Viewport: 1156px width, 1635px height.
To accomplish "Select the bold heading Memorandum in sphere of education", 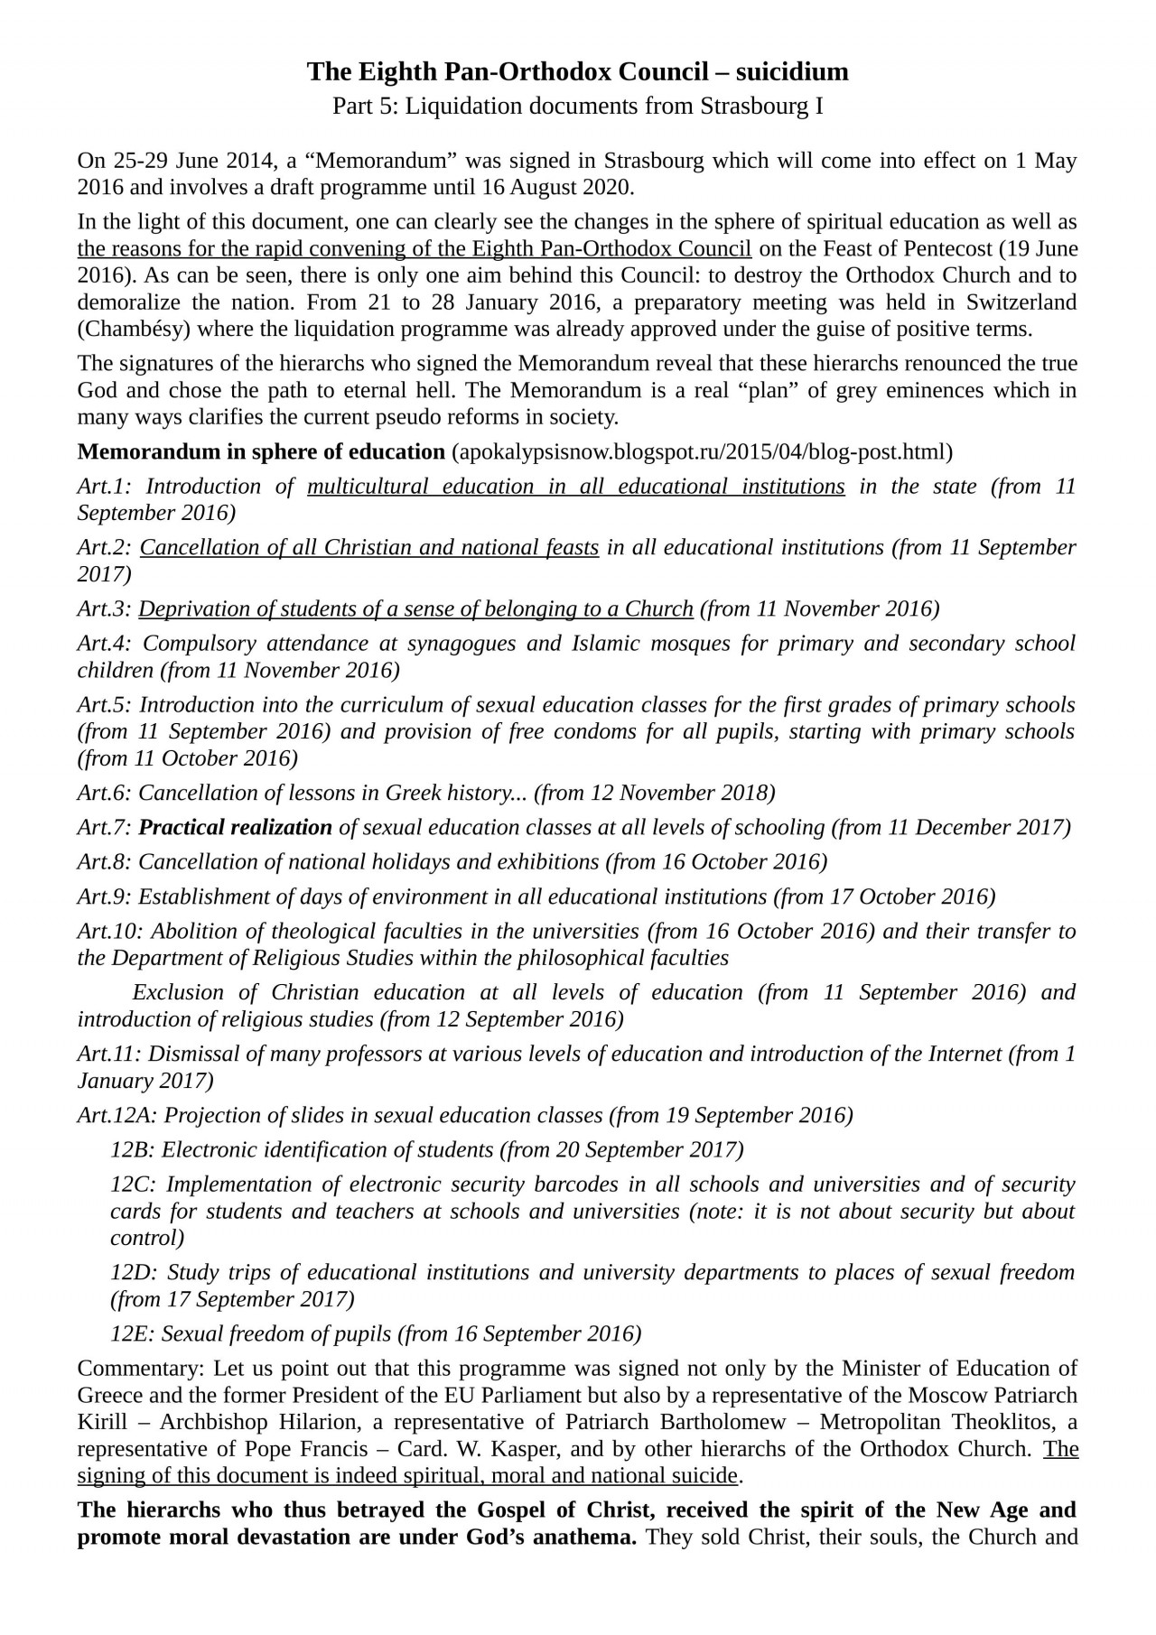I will [261, 451].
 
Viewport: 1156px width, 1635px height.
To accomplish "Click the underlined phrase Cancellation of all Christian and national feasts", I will [368, 548].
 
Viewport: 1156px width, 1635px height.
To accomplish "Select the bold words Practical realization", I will [235, 828].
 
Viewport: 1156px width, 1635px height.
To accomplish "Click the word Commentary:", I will [141, 1369].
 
